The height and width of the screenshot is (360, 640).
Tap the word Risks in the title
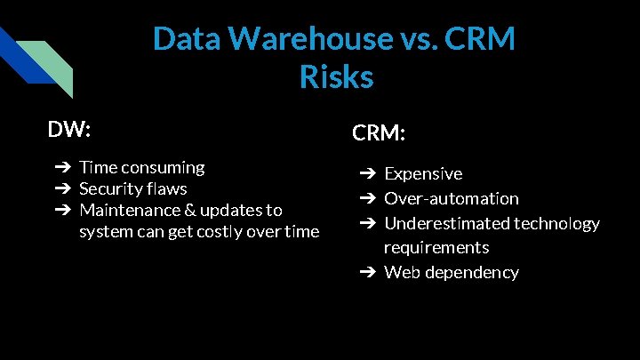pos(336,77)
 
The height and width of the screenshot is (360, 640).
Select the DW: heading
pos(69,130)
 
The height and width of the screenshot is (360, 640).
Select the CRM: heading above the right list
pos(379,133)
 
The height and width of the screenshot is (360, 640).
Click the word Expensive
pos(423,173)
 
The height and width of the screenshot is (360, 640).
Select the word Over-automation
pos(451,198)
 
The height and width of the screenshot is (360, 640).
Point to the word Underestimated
pos(445,223)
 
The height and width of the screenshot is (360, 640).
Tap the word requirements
pos(436,247)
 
